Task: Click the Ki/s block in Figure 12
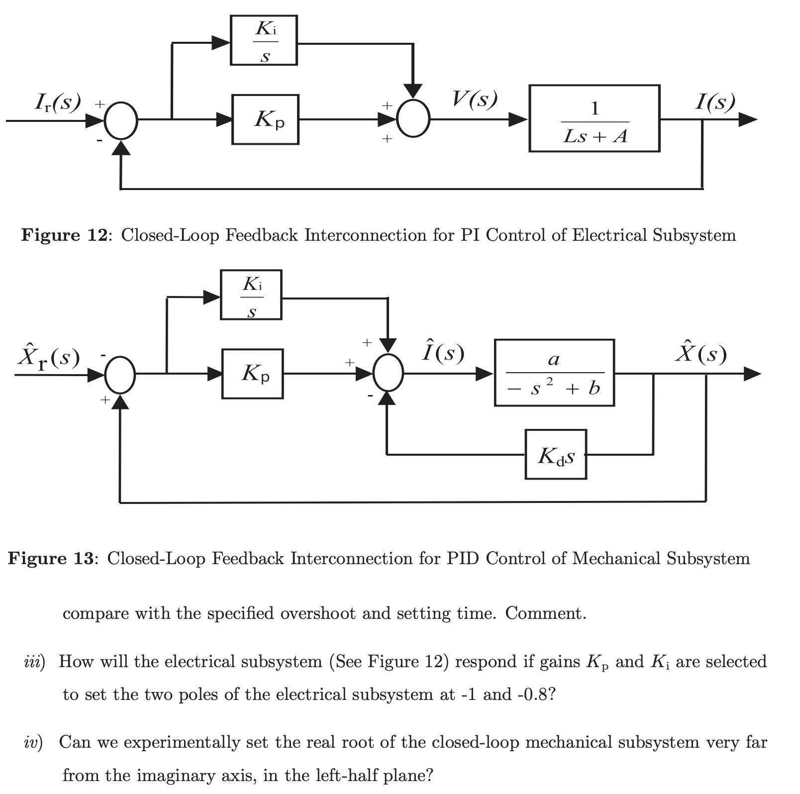[x=264, y=40]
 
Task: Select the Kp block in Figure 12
[x=265, y=119]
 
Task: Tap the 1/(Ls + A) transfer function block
[x=594, y=118]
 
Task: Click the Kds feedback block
[x=555, y=455]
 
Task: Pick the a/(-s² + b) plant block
[x=554, y=373]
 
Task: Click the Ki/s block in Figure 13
[x=251, y=295]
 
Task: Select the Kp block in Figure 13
[x=252, y=374]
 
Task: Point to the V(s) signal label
[x=474, y=99]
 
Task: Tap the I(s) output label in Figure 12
[x=714, y=102]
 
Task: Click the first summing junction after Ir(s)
[x=121, y=120]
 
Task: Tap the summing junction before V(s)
[x=413, y=118]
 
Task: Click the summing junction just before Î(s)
[x=388, y=373]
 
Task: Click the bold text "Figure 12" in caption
[x=64, y=235]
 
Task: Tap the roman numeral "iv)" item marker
[x=33, y=742]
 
